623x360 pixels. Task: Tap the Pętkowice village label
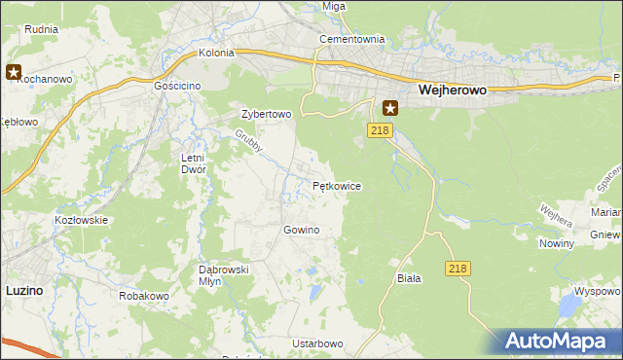(337, 185)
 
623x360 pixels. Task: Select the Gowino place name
(301, 230)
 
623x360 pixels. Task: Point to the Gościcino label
(177, 86)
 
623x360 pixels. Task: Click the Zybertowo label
(266, 114)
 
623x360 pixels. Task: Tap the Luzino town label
(23, 290)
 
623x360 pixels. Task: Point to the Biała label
(409, 278)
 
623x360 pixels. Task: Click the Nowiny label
(556, 244)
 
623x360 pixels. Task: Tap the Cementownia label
(352, 40)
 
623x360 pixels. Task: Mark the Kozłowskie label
(81, 220)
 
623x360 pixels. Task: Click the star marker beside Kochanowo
(14, 71)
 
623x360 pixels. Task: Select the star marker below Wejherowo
(390, 108)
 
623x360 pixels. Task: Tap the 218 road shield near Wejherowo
(380, 129)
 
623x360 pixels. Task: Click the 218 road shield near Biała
(459, 268)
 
